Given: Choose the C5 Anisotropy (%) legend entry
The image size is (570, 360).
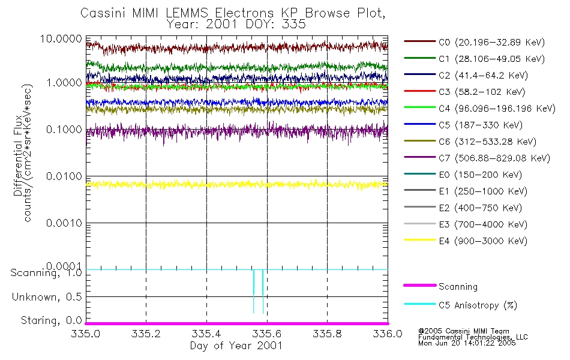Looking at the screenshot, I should [x=478, y=305].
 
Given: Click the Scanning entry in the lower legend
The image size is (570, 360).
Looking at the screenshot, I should [x=458, y=287].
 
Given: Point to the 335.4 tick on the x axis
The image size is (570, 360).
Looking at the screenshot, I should [x=206, y=334].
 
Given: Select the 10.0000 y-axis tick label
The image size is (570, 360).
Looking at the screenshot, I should [x=61, y=38].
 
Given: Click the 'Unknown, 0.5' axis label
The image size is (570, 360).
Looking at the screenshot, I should [x=47, y=297].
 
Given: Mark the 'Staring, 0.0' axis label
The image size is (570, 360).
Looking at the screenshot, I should [x=50, y=320].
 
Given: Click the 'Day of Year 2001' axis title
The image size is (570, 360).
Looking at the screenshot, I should [x=236, y=346].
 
